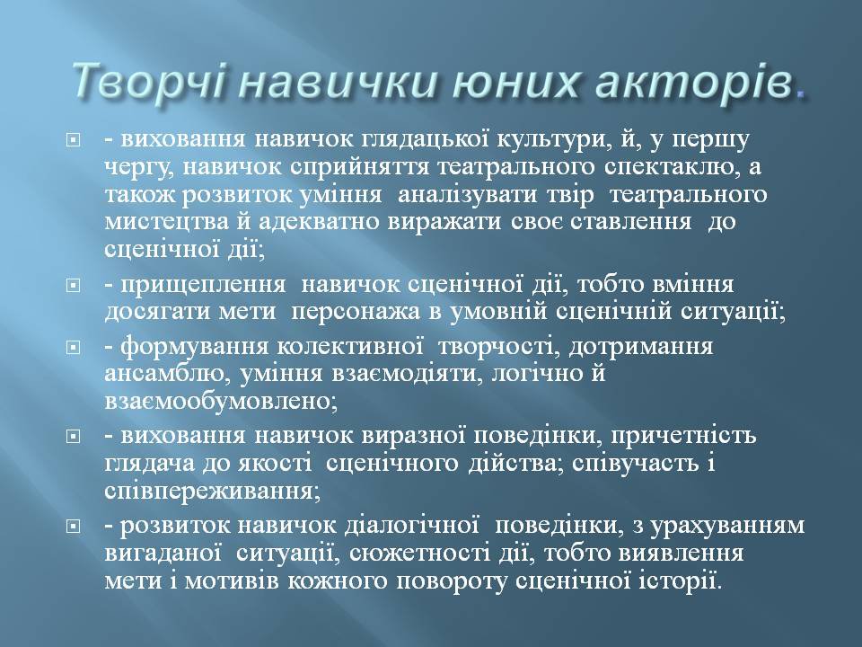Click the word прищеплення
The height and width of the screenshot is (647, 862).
203,285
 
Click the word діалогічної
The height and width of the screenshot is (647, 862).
411,526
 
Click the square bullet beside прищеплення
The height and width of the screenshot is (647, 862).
73,286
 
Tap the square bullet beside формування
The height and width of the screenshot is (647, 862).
73,349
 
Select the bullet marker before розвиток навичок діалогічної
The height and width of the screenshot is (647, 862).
73,527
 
